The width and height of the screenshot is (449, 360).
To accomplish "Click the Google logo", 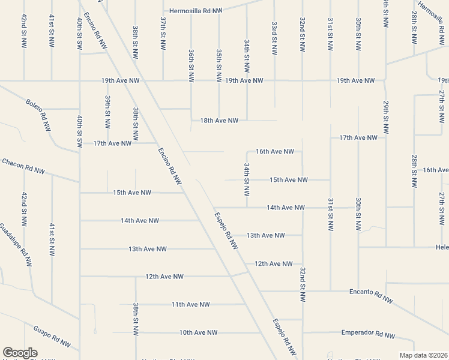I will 20,353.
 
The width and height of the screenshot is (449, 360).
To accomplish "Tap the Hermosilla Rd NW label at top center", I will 196,11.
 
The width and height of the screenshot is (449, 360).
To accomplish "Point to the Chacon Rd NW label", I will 23,166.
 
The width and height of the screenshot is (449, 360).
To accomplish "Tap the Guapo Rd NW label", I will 52,337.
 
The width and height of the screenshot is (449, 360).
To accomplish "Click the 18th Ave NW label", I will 219,121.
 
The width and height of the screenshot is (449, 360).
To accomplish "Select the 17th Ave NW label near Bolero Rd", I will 112,143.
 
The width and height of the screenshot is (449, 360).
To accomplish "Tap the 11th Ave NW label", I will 190,304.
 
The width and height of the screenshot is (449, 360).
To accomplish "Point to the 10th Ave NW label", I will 198,332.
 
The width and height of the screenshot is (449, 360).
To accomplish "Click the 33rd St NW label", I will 274,39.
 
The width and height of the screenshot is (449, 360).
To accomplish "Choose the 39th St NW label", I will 108,112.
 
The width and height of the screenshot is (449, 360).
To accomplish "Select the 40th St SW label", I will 79,132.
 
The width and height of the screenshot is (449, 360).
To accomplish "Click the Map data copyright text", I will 423,355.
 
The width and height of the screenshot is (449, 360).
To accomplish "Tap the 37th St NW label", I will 163,34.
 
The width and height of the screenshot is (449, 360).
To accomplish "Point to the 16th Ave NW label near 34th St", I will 274,152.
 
